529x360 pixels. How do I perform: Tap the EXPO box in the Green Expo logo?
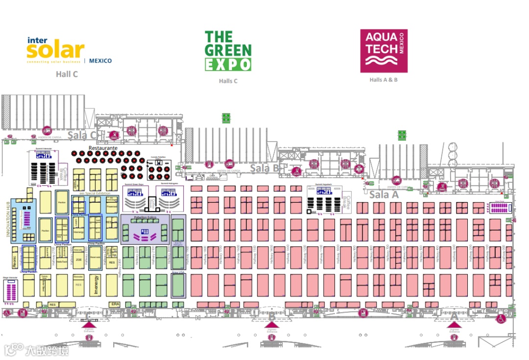point(228,64)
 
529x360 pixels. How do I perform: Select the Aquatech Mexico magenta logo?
point(384,51)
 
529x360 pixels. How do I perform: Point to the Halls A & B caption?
point(384,79)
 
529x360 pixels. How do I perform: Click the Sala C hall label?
point(81,136)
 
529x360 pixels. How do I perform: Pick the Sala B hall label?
point(264,168)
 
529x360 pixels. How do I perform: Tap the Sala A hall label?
point(384,195)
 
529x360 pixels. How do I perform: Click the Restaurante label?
point(103,147)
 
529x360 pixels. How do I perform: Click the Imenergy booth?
point(96,285)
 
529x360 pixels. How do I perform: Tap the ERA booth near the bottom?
point(115,304)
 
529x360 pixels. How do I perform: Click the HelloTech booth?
point(62,262)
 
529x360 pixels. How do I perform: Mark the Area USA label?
point(178,271)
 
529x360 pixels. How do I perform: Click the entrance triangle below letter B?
point(272,324)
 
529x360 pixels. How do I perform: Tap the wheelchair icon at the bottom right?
point(502,319)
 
